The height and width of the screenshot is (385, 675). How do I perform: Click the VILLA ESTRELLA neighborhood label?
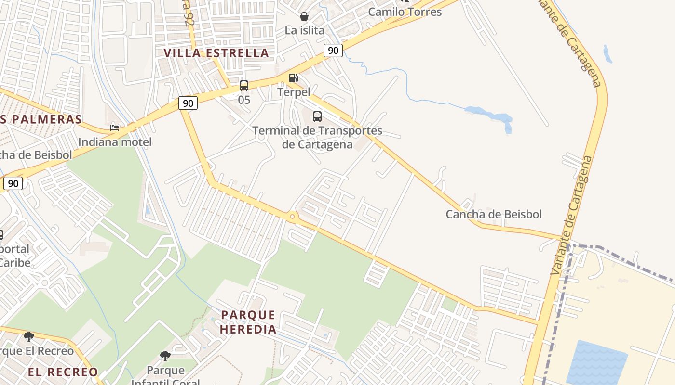tap(216, 53)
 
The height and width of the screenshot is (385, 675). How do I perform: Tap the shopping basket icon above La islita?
tap(304, 16)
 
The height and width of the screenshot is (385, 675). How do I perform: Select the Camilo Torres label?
tap(405, 12)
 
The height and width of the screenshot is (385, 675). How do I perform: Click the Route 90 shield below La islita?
tap(333, 50)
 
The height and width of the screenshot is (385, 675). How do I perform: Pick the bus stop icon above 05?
tap(244, 86)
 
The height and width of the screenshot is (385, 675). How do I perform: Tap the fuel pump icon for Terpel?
tap(293, 78)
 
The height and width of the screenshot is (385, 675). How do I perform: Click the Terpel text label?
tap(293, 91)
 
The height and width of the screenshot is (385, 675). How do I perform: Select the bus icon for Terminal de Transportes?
tap(317, 116)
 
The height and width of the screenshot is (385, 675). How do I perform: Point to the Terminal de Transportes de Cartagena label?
tap(317, 137)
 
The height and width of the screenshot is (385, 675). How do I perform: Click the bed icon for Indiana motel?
tap(115, 128)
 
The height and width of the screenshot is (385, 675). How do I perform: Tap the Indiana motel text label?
tap(115, 142)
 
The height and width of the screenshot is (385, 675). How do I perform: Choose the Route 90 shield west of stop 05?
tap(188, 103)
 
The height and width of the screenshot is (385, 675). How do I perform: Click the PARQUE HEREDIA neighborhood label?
tap(248, 322)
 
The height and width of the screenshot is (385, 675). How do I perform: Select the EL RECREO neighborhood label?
tap(63, 372)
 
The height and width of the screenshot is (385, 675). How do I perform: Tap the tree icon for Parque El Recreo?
tap(29, 336)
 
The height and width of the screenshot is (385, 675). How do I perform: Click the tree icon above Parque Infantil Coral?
tap(165, 356)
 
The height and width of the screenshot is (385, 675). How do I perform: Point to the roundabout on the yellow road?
tap(292, 217)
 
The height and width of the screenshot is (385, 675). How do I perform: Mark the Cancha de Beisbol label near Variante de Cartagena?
tap(494, 214)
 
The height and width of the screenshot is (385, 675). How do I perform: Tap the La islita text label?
tap(304, 30)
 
